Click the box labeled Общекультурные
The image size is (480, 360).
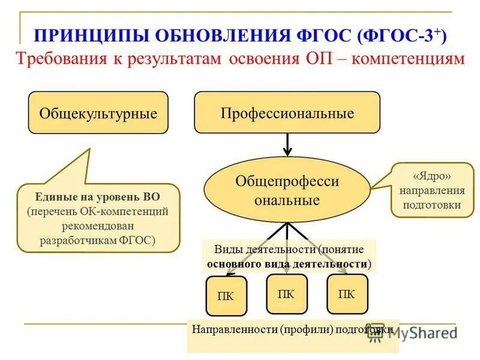[98, 113]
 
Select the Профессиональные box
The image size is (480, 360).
[287, 113]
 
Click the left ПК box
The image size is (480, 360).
[226, 296]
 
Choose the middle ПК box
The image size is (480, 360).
[286, 294]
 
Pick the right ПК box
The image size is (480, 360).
[347, 294]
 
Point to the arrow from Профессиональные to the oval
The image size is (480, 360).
[287, 145]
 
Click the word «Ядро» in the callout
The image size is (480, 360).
[431, 177]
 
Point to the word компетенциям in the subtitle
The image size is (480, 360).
[409, 59]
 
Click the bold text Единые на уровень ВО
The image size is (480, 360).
[98, 196]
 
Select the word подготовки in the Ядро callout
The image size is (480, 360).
[432, 205]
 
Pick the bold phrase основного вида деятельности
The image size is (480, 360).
[287, 263]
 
